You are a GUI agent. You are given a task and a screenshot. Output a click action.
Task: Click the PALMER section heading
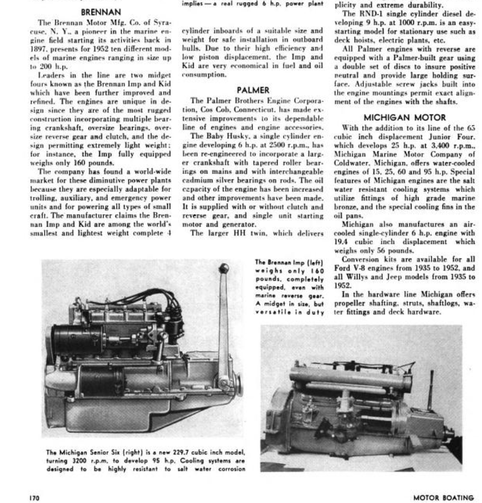(252, 90)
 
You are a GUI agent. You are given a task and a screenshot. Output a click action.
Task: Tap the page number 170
(35, 497)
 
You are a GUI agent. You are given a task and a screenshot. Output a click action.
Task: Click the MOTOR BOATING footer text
(443, 497)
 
